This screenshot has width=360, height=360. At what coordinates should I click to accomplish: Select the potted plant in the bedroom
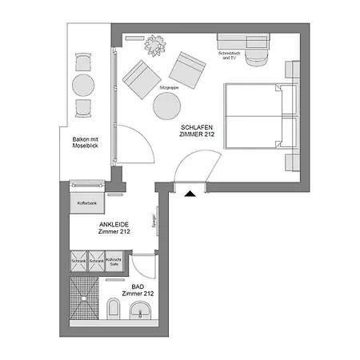click(x=154, y=44)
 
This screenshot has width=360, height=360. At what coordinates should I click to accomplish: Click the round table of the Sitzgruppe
click(x=167, y=105)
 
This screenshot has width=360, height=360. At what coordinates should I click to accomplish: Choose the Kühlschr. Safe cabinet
click(x=116, y=262)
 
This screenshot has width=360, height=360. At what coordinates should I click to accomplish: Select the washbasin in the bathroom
click(x=142, y=310)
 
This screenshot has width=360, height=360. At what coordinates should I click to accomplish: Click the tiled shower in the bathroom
click(x=83, y=300)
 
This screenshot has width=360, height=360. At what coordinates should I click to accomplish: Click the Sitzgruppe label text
click(x=168, y=83)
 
